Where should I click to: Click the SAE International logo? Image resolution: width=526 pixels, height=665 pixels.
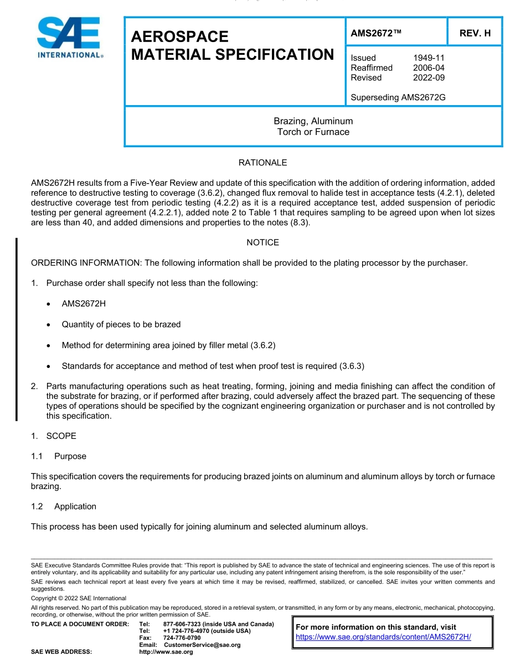click(x=69, y=38)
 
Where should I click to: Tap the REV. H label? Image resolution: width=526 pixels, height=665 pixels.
click(x=475, y=34)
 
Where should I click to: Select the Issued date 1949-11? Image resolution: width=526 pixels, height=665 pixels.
click(x=429, y=58)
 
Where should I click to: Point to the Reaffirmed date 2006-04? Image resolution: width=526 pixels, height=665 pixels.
click(x=429, y=68)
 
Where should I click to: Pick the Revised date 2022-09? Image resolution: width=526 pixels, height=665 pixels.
click(x=429, y=78)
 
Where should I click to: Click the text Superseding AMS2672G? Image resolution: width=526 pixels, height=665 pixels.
click(x=398, y=98)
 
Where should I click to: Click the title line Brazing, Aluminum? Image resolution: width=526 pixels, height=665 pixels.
click(x=313, y=121)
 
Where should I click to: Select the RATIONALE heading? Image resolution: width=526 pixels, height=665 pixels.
click(x=262, y=163)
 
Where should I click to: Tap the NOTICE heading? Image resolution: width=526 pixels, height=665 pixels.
click(x=262, y=243)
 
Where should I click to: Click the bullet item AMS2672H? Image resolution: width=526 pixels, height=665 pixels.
click(x=84, y=304)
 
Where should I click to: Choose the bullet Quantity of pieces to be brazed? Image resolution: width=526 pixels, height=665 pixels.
click(x=121, y=324)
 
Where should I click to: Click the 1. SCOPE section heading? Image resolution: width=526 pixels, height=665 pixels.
click(x=54, y=436)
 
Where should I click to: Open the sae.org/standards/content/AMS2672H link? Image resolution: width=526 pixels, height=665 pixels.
click(x=383, y=637)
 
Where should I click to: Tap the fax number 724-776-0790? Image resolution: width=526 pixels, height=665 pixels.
click(x=182, y=638)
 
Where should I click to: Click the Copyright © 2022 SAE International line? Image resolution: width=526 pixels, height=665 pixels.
click(x=79, y=598)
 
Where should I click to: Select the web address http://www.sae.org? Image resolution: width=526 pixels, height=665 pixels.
click(x=166, y=652)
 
